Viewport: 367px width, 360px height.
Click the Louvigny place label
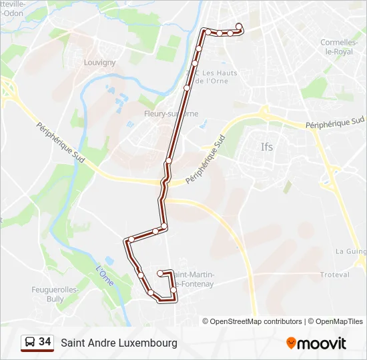tap(99, 63)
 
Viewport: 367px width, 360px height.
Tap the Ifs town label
tap(267, 147)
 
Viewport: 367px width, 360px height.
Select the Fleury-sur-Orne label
tap(171, 113)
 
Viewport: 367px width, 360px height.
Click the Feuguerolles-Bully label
tap(55, 294)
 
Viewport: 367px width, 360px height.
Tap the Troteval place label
tap(334, 275)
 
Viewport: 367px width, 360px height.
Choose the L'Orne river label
tap(104, 276)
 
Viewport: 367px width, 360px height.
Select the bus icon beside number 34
tap(30, 343)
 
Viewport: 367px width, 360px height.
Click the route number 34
tap(45, 342)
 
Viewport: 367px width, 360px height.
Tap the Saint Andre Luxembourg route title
tap(119, 343)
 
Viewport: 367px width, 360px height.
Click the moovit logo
tap(316, 343)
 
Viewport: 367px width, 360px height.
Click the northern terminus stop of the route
tap(239, 27)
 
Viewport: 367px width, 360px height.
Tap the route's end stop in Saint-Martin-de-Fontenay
tap(160, 273)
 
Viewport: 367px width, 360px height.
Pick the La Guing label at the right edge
tap(350, 251)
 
